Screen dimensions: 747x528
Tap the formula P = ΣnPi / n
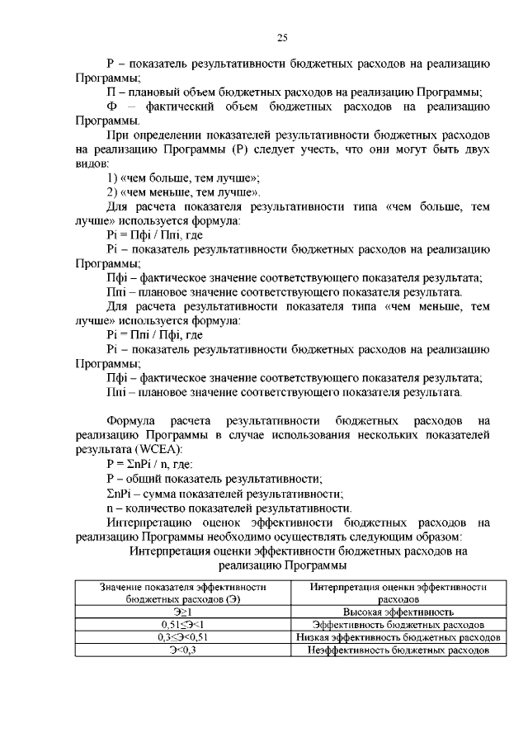click(144, 464)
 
